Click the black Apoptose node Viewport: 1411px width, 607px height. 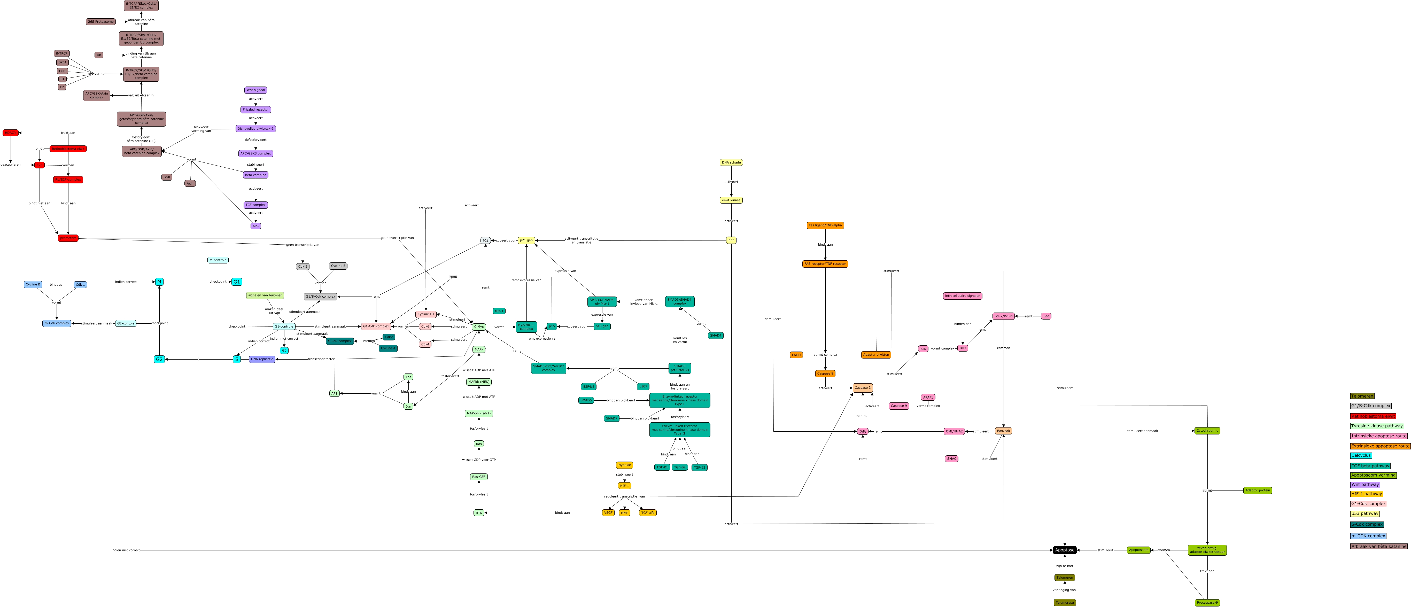(x=1064, y=550)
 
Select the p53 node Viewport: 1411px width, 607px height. (x=731, y=240)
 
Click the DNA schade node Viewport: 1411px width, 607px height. (x=731, y=163)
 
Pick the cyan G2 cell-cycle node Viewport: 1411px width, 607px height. (x=159, y=359)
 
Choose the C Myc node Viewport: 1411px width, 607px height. (x=479, y=326)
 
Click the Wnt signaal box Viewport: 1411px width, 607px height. (x=256, y=90)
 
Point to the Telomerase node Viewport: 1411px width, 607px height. (x=1064, y=603)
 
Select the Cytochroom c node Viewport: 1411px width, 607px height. (x=1207, y=431)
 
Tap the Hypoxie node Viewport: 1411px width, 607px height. (x=624, y=465)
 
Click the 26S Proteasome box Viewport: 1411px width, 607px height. (x=101, y=22)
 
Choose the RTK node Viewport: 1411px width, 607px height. (x=479, y=513)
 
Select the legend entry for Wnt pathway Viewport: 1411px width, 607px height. (x=1365, y=484)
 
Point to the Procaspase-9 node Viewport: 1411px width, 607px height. (x=1207, y=603)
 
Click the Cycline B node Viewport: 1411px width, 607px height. (x=33, y=284)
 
